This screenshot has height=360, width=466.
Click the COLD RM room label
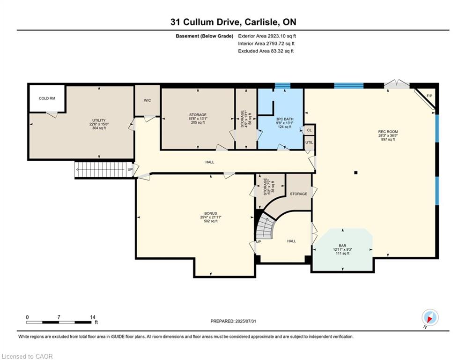tap(47, 98)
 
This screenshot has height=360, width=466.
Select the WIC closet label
tap(148, 100)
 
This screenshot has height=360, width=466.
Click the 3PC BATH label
tap(285, 119)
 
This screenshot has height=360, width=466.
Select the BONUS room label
tap(210, 213)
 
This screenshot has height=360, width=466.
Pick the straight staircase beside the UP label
tap(100, 169)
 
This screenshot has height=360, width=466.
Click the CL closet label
tap(309, 130)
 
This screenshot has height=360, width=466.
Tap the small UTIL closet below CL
tap(309, 142)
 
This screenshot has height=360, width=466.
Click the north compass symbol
tap(429, 318)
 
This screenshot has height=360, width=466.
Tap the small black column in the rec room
tap(355, 172)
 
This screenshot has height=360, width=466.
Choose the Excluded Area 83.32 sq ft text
tap(266, 51)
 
